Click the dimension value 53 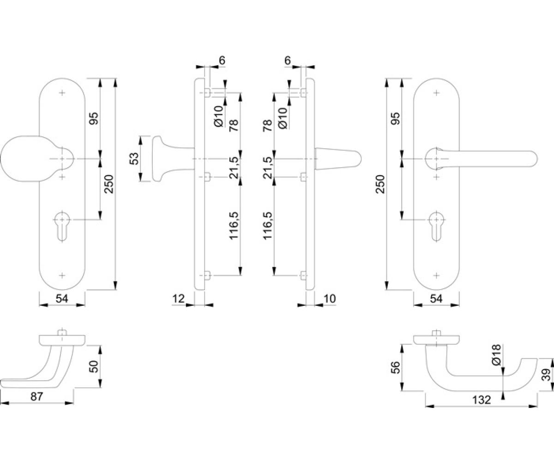[135, 158]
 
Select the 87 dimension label [36, 397]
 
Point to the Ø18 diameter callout [496, 354]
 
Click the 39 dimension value [546, 375]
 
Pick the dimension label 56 [395, 367]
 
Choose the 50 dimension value [94, 366]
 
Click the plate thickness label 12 [178, 299]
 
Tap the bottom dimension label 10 [330, 299]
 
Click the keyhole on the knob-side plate [62, 226]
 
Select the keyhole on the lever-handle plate [436, 226]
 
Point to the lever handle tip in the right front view [536, 159]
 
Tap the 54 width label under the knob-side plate [62, 299]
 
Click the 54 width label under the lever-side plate [436, 299]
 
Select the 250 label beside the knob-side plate [109, 184]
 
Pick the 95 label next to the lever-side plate [395, 118]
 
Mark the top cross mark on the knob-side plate [62, 93]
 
